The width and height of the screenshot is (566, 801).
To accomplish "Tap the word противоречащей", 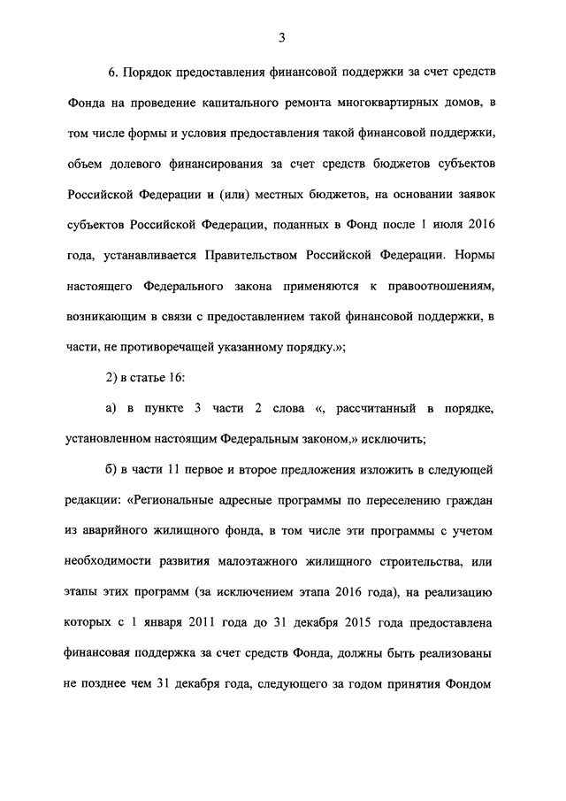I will pos(182,347).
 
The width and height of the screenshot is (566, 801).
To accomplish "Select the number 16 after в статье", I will pos(173,378).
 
